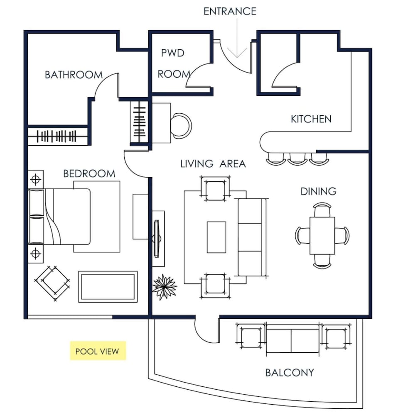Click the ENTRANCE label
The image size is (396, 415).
click(x=230, y=11)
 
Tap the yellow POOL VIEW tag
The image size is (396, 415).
click(x=98, y=351)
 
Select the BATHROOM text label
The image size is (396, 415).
click(x=74, y=75)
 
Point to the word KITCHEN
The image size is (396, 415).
click(x=311, y=119)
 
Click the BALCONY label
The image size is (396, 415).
click(x=290, y=373)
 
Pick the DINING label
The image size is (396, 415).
click(x=318, y=191)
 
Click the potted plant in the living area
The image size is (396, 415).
click(x=164, y=287)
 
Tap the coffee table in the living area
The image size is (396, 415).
click(x=216, y=237)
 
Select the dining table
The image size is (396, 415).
click(x=322, y=236)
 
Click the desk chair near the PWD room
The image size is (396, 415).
click(x=181, y=126)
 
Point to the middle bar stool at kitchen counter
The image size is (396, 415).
click(x=297, y=159)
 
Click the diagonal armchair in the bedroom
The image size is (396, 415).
click(x=52, y=283)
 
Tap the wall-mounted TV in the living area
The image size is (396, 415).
click(x=157, y=239)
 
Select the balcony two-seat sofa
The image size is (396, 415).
click(x=293, y=339)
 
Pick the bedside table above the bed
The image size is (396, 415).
click(x=35, y=179)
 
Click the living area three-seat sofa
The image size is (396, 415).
click(x=252, y=237)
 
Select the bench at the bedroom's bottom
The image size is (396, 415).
click(x=108, y=287)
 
